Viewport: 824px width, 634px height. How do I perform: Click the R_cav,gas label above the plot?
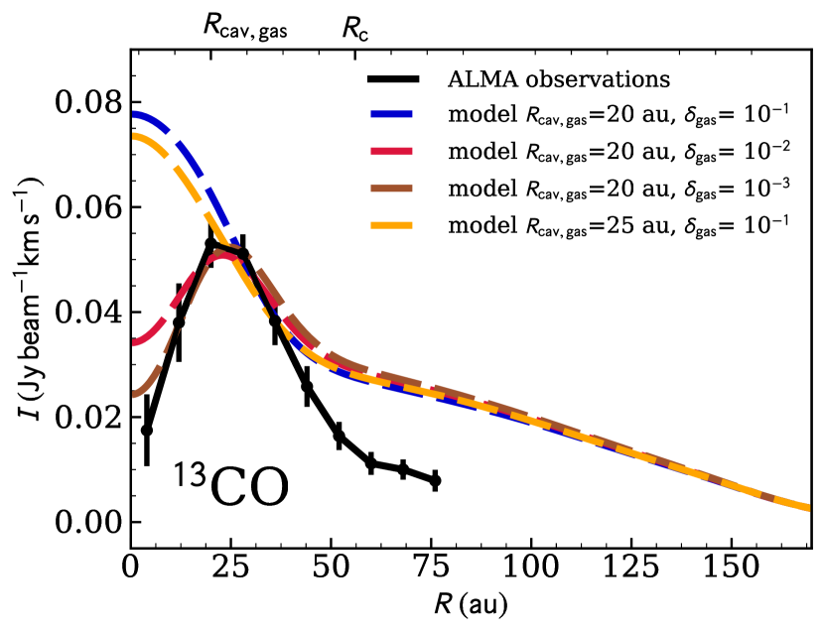(x=245, y=28)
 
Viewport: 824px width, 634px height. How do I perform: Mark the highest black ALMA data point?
(x=210, y=243)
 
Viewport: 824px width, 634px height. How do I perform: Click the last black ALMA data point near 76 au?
(x=435, y=480)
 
